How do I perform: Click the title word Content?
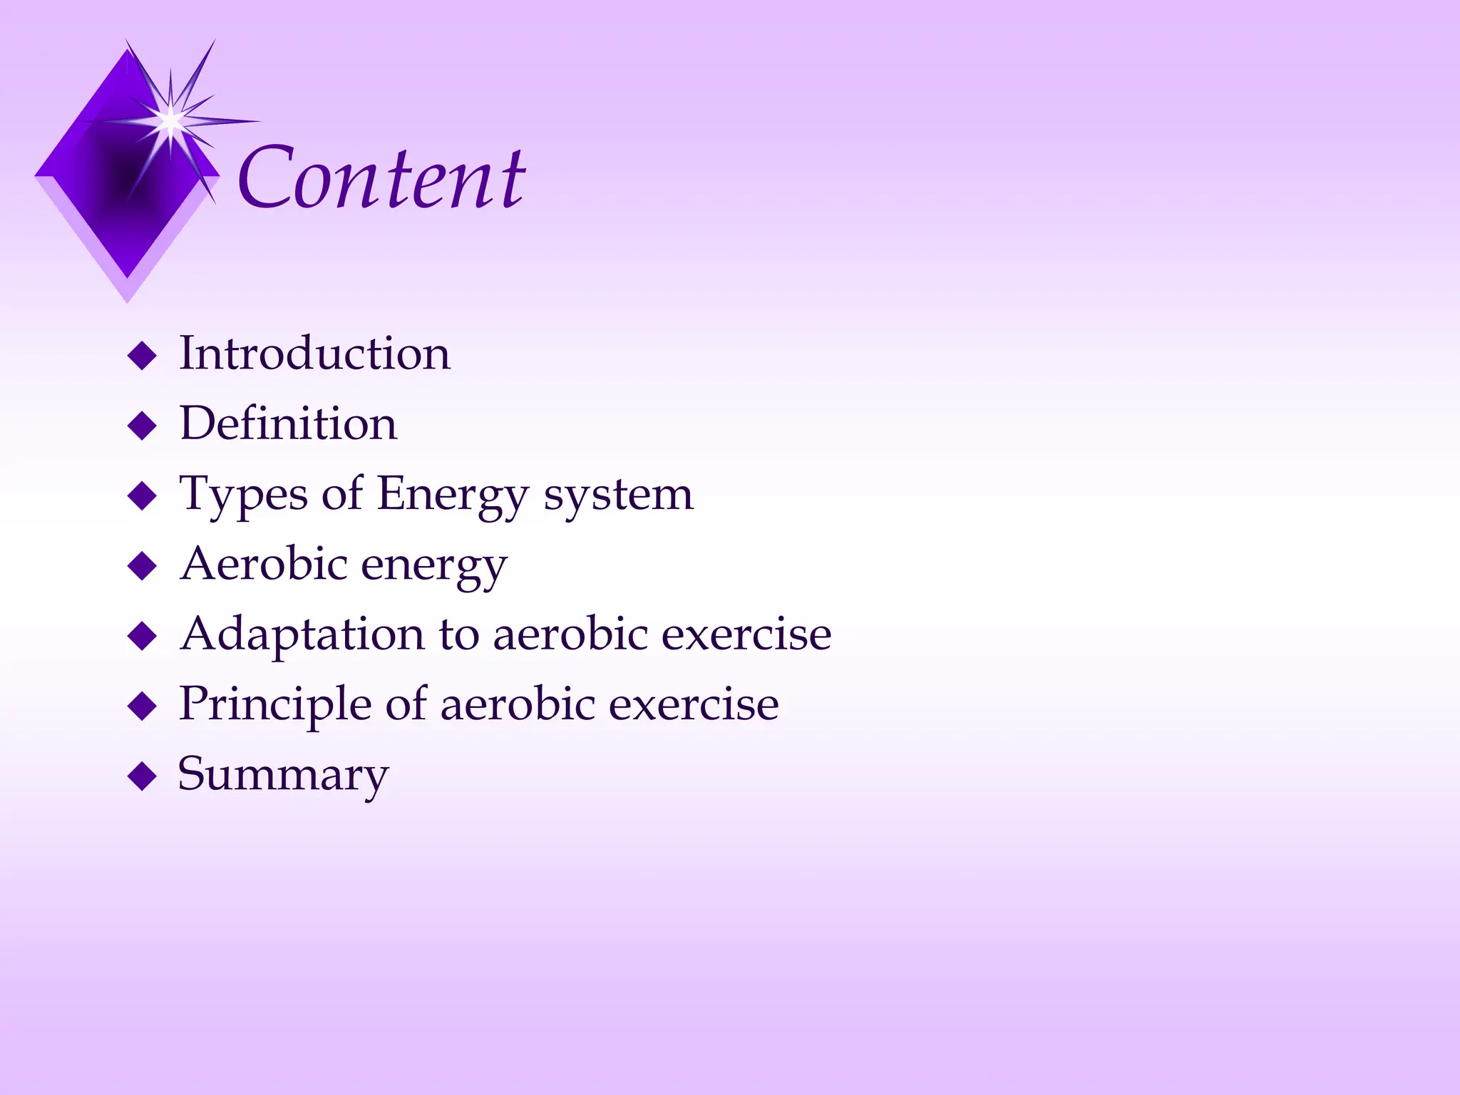click(x=382, y=178)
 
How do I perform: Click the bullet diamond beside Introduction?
click(x=142, y=356)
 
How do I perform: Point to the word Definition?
click(x=288, y=423)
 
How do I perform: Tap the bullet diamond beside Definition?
click(x=142, y=426)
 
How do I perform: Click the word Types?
click(x=243, y=495)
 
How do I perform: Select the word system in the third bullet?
click(x=618, y=493)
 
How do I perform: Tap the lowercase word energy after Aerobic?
click(x=434, y=566)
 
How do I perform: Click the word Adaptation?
click(x=302, y=634)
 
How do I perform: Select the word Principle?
click(x=275, y=704)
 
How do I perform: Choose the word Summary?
click(x=283, y=774)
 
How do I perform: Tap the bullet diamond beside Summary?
click(x=142, y=776)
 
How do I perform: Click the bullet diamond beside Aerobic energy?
click(x=142, y=566)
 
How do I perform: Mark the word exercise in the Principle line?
click(x=694, y=703)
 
